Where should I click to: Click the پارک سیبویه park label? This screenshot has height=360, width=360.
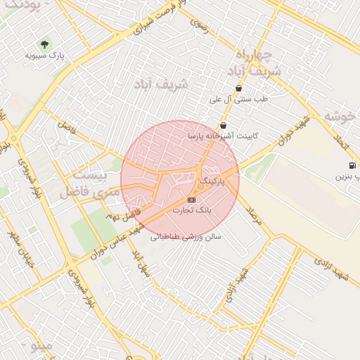(x=45, y=55)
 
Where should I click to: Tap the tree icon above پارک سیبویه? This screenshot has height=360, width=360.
(x=46, y=44)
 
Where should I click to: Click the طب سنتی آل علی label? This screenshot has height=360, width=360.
(x=239, y=99)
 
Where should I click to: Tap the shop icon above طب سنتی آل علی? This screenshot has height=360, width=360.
(x=239, y=89)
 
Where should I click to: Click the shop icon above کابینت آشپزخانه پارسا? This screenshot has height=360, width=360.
(x=223, y=125)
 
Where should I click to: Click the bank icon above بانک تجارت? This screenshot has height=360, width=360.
(x=192, y=200)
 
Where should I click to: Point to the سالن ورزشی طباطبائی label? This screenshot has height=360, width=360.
(x=186, y=238)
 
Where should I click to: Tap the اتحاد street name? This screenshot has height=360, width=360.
(x=342, y=141)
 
